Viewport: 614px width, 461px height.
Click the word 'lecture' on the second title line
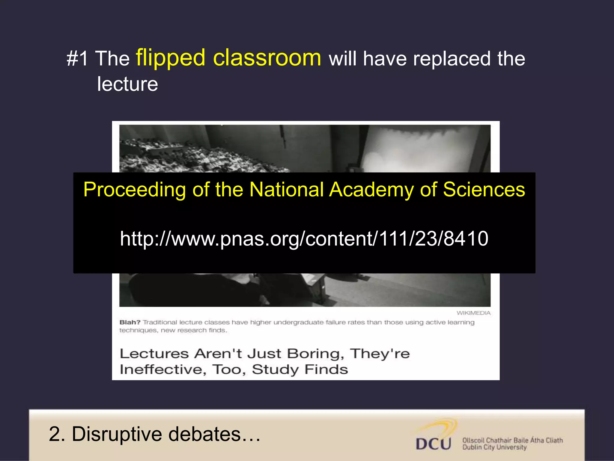pos(127,84)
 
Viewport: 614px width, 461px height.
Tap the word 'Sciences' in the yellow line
pos(484,190)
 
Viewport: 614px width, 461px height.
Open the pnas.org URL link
pos(304,239)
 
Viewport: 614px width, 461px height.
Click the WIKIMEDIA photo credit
pos(473,313)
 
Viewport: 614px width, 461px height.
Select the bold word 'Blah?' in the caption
pos(130,322)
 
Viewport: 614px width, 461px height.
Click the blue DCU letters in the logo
pos(433,444)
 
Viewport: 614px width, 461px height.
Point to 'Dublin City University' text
pos(494,447)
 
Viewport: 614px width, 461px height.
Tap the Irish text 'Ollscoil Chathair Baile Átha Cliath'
pos(512,440)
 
